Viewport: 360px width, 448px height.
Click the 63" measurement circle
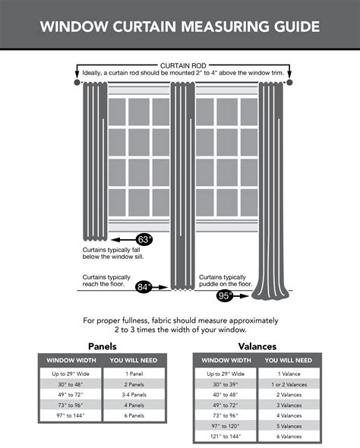click(x=144, y=240)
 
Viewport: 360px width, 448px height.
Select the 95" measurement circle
click(x=225, y=296)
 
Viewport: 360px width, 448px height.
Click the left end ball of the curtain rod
click(x=77, y=81)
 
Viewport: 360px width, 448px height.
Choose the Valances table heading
click(x=257, y=346)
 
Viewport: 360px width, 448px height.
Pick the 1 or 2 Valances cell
click(x=289, y=384)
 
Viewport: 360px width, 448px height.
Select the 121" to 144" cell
click(x=226, y=437)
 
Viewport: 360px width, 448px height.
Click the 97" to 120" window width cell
click(x=226, y=426)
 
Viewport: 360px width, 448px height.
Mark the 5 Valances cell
click(x=289, y=426)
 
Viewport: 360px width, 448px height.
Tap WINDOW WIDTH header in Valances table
click(x=226, y=360)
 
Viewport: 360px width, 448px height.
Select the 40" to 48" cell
click(x=226, y=395)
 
